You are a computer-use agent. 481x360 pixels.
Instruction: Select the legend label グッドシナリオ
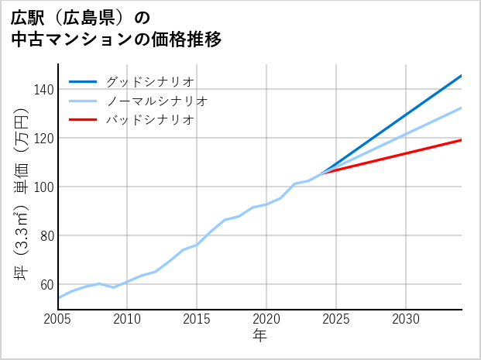(149, 81)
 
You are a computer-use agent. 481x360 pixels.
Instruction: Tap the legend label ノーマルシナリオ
(156, 101)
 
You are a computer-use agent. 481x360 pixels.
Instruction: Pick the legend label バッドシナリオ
(149, 120)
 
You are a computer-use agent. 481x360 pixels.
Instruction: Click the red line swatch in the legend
(84, 120)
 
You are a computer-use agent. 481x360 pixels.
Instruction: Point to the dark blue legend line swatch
(84, 81)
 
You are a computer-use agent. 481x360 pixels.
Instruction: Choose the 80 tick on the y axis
(46, 236)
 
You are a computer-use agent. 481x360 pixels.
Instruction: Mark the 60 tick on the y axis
(46, 285)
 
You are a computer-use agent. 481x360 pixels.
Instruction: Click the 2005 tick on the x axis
(58, 319)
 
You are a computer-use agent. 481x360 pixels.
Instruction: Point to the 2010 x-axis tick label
(128, 319)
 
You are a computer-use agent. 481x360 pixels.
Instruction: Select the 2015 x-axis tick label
(198, 319)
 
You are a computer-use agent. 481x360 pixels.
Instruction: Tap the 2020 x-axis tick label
(266, 319)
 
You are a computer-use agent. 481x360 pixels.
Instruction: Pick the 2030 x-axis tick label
(406, 319)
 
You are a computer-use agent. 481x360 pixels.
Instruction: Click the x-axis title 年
(260, 336)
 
